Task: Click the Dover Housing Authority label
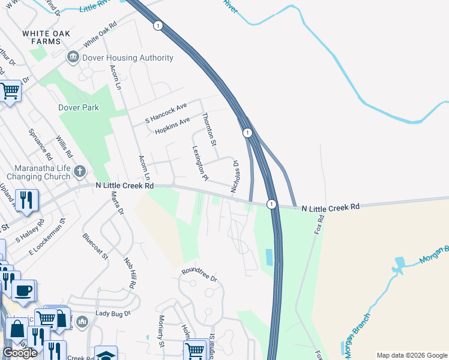(x=129, y=58)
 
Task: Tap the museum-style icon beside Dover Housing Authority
(x=73, y=58)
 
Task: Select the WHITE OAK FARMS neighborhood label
(x=42, y=37)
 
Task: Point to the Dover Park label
(x=78, y=108)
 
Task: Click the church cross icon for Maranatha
(x=79, y=173)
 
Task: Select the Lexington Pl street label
(x=200, y=163)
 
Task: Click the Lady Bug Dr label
(x=113, y=313)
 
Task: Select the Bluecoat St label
(x=95, y=247)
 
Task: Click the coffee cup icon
(x=24, y=291)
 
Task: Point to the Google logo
(x=20, y=352)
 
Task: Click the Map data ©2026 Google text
(x=412, y=355)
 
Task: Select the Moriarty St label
(x=161, y=331)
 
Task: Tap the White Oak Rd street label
(x=100, y=37)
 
